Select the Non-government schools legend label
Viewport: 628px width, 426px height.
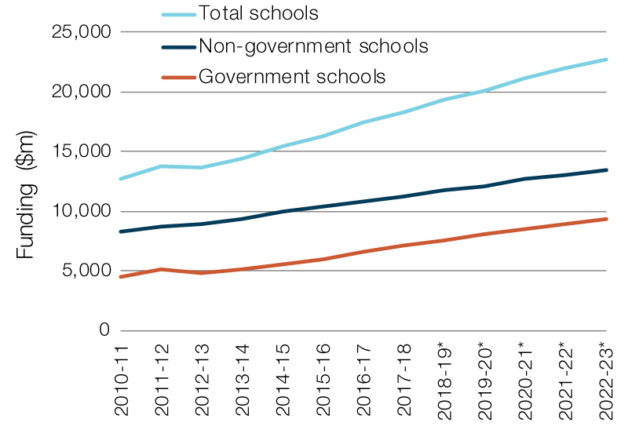pos(312,46)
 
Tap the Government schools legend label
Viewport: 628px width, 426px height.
pos(292,77)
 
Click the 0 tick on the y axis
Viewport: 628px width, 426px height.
pos(104,330)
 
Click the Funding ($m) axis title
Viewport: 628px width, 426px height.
pos(27,212)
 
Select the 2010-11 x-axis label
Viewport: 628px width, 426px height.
pos(121,380)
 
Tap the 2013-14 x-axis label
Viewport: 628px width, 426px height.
pos(242,380)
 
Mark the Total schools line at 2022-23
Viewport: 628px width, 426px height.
pos(605,59)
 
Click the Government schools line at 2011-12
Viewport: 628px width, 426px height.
pos(161,269)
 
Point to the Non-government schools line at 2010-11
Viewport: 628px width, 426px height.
pos(121,231)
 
